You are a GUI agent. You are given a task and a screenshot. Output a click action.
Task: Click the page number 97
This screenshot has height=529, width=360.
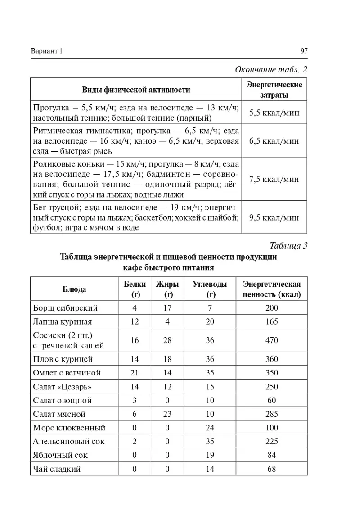pos(304,51)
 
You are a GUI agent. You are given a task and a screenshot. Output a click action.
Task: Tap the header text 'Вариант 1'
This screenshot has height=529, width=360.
pos(46,51)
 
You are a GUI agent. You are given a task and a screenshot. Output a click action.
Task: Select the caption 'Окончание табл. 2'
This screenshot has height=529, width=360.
pos(271,70)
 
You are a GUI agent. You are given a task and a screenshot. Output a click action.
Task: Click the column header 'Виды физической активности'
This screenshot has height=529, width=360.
pos(136,90)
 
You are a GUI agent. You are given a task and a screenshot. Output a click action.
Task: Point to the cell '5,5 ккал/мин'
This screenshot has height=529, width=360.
pos(274,113)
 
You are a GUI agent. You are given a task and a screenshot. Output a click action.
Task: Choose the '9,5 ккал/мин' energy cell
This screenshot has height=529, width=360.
pos(274,217)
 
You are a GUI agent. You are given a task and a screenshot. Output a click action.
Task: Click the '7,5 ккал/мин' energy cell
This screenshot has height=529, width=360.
pos(274,179)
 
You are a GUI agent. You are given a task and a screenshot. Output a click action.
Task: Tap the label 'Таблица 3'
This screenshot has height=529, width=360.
pos(288,245)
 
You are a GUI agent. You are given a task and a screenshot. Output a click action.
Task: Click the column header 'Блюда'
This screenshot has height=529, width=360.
pos(74,289)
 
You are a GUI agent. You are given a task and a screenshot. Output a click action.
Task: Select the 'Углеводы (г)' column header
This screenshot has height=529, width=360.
pos(210,289)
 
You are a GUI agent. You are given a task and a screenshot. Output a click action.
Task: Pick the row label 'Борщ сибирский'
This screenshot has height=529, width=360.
pos(65,308)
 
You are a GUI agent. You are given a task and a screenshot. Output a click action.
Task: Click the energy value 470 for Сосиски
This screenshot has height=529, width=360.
pos(272,340)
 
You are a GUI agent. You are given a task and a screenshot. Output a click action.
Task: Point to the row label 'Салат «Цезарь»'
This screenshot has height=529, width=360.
pos(63,387)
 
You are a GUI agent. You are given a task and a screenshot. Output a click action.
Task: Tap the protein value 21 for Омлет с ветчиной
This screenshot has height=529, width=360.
pos(135,373)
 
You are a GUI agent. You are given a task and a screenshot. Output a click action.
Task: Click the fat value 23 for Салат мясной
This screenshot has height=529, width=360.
pos(167,414)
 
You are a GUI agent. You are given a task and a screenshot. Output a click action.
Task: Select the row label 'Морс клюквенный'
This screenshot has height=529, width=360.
pos(69,428)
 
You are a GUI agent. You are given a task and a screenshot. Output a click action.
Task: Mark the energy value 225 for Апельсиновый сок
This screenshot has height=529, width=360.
pos(272,442)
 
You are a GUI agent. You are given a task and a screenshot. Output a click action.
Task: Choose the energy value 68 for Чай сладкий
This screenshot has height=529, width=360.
pos(272,469)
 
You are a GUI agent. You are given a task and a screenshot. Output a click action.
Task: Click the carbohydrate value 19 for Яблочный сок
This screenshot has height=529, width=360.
pos(210,455)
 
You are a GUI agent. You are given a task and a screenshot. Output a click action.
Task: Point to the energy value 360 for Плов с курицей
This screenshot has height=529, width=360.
pos(272,359)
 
